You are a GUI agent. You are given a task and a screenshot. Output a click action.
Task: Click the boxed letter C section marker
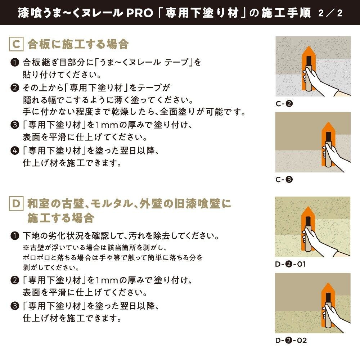coord(16,45)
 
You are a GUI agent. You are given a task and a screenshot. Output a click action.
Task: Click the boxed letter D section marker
coord(16,204)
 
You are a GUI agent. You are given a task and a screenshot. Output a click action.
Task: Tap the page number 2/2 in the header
coord(330,13)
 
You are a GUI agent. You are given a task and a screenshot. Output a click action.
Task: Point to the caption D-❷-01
coord(290,264)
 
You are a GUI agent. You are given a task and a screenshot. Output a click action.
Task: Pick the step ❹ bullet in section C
coord(15,150)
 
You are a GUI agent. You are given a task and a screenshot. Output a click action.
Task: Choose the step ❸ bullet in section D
coord(15,306)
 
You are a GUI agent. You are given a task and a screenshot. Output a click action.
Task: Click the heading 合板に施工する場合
coord(78,45)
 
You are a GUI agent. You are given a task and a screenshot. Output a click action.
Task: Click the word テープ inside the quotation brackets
coord(177,63)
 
